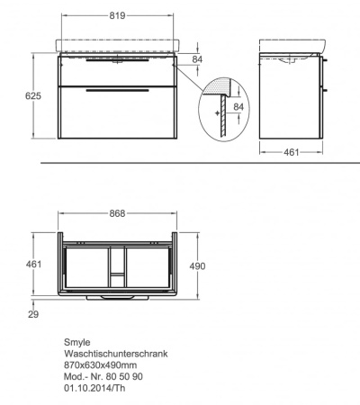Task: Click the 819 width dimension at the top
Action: pos(117,15)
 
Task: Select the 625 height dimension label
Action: pos(33,96)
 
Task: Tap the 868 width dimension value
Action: pos(117,213)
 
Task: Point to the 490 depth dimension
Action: pos(197,266)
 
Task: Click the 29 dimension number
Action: pos(33,314)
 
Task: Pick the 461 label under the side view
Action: pos(292,152)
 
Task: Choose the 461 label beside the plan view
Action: pos(33,265)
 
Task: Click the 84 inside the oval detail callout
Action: pos(238,107)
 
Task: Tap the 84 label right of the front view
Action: pos(197,59)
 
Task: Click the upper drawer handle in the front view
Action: pos(117,60)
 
